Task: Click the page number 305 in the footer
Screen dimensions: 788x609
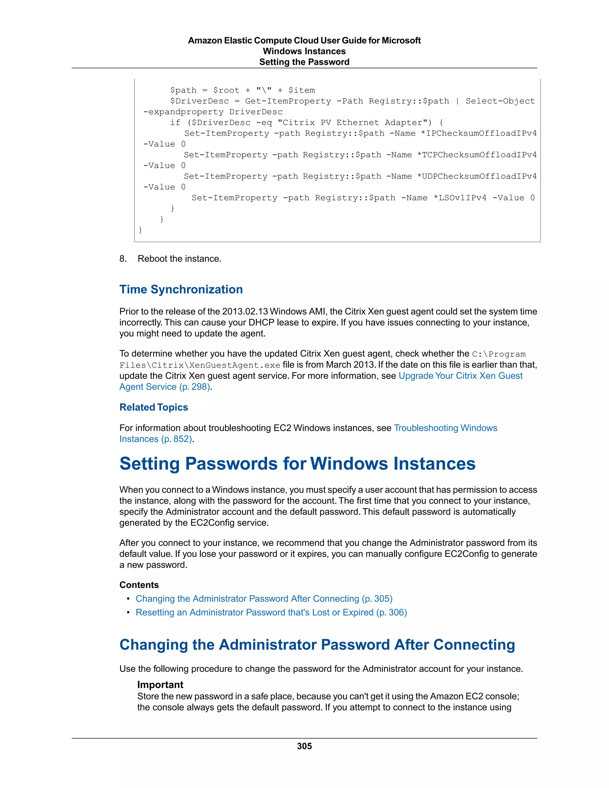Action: (x=304, y=746)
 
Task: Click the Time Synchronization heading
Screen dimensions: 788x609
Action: (x=181, y=289)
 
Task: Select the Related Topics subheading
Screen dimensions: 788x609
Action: (x=154, y=407)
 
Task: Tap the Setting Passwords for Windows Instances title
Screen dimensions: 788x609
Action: (x=297, y=464)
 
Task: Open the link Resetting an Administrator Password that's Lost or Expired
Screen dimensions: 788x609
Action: (x=271, y=612)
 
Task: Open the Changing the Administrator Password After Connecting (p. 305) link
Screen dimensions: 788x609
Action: (x=264, y=599)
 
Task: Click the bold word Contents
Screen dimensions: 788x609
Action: (x=139, y=585)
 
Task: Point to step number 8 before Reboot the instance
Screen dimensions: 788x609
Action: (x=123, y=259)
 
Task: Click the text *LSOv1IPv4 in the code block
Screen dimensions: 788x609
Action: (x=460, y=198)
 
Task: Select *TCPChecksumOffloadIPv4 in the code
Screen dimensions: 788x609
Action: (x=477, y=155)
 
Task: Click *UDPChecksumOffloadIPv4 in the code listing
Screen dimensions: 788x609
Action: (x=477, y=176)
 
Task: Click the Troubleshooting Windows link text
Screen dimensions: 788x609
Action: (x=445, y=428)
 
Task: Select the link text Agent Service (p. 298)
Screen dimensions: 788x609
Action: (x=165, y=387)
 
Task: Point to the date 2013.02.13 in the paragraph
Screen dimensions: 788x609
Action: (x=245, y=311)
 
